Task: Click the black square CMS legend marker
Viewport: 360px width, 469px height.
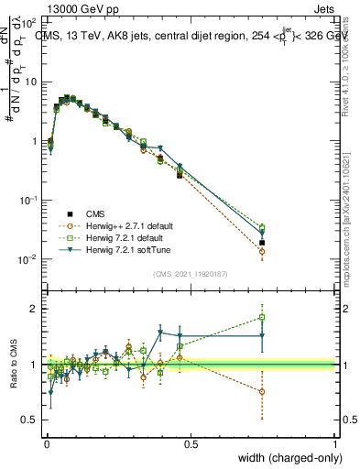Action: tap(65, 213)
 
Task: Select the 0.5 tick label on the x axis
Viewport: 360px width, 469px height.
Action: tap(191, 443)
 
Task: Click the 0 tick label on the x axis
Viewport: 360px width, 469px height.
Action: tap(46, 443)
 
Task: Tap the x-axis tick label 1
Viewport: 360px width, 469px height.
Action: tap(335, 443)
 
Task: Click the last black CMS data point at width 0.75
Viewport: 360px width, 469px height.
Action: tap(262, 243)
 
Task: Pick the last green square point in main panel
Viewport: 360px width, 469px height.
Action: tap(262, 227)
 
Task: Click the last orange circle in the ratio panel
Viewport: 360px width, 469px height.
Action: tap(262, 391)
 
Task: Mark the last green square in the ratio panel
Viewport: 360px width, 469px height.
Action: tap(262, 318)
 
